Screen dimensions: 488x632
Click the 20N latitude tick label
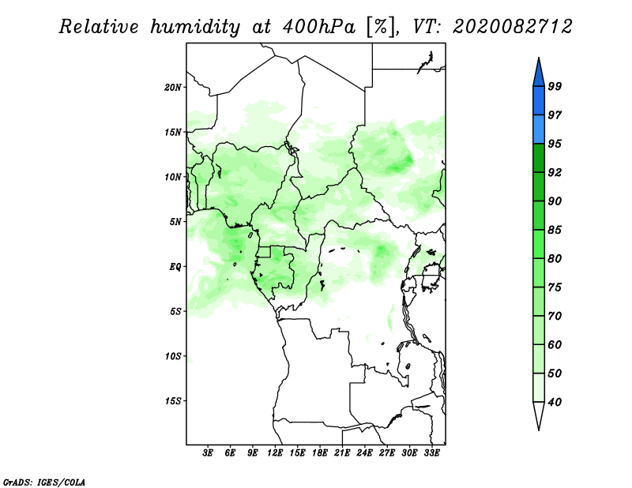(x=173, y=87)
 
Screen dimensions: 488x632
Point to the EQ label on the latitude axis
(x=175, y=266)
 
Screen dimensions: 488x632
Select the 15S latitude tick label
(x=173, y=401)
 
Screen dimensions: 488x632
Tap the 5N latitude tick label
(x=175, y=222)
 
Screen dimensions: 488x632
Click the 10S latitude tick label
(x=173, y=356)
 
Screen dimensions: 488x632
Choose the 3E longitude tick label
(x=209, y=453)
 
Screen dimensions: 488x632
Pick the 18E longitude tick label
(x=320, y=453)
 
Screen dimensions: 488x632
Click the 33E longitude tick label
(x=432, y=453)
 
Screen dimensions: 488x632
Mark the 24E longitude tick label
(x=365, y=453)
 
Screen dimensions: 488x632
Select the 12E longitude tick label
(x=275, y=453)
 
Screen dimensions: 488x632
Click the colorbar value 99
(x=555, y=87)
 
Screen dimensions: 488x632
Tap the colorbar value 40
(x=555, y=403)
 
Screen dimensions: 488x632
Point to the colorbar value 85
(x=555, y=231)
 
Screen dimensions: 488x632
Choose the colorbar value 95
(x=555, y=145)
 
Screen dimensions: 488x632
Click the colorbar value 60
(x=555, y=345)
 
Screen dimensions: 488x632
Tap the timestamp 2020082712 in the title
(x=513, y=27)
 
